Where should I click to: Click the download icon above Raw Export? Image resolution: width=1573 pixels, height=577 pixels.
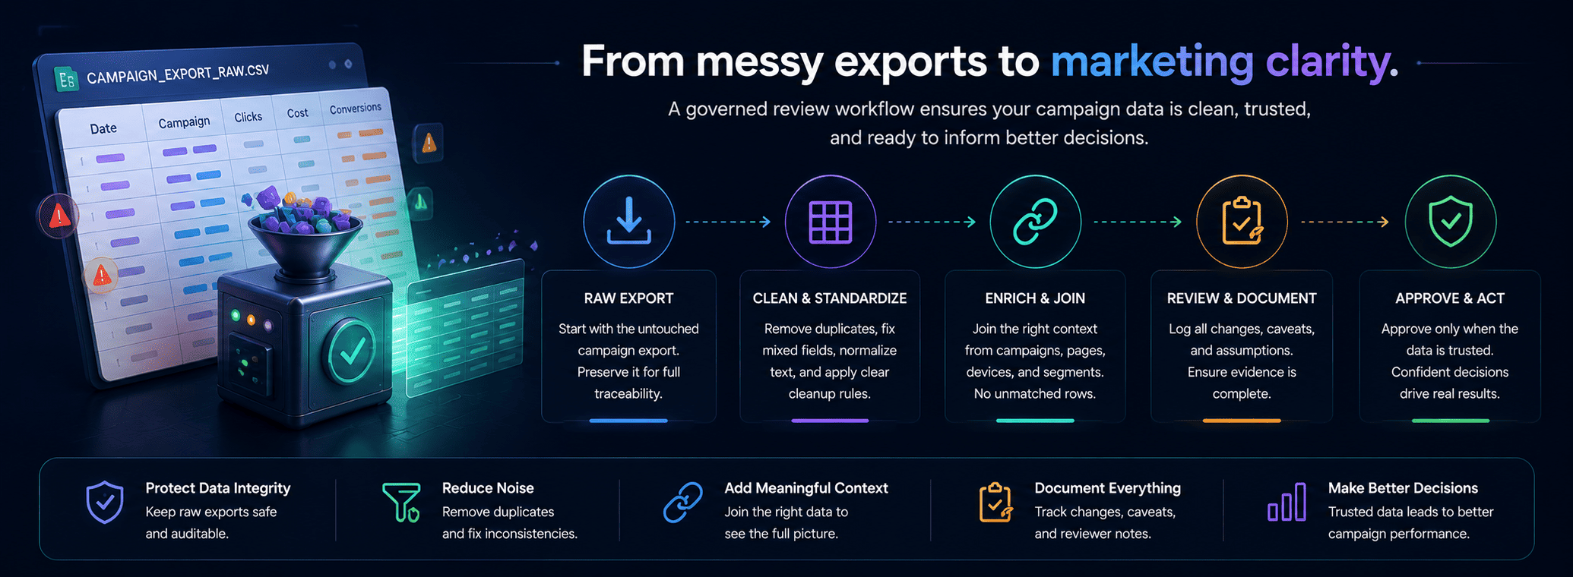pyautogui.click(x=628, y=221)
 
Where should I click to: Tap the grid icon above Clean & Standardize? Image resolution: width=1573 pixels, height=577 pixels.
pyautogui.click(x=830, y=222)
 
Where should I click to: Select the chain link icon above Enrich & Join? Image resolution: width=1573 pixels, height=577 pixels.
pyautogui.click(x=1035, y=222)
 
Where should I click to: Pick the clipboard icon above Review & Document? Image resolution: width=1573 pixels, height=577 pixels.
pyautogui.click(x=1242, y=221)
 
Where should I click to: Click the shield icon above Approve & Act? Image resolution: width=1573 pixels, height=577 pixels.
pyautogui.click(x=1450, y=221)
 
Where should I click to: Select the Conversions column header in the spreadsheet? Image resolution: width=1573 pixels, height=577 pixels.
pyautogui.click(x=356, y=109)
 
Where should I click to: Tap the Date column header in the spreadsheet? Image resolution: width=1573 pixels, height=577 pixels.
pyautogui.click(x=103, y=128)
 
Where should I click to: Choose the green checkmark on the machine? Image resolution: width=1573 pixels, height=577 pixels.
pyautogui.click(x=352, y=352)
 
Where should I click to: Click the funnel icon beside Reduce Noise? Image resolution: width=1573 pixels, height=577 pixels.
pyautogui.click(x=401, y=502)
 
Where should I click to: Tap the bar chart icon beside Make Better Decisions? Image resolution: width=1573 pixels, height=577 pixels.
pyautogui.click(x=1287, y=502)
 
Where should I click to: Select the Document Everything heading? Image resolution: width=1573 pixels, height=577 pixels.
pyautogui.click(x=1107, y=488)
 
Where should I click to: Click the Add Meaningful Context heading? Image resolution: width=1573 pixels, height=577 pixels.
pyautogui.click(x=806, y=488)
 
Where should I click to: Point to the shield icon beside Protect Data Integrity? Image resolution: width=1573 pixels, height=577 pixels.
pyautogui.click(x=105, y=502)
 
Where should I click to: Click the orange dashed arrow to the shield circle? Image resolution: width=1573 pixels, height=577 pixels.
pyautogui.click(x=1345, y=222)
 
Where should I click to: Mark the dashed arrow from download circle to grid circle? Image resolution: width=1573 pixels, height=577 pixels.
pyautogui.click(x=728, y=222)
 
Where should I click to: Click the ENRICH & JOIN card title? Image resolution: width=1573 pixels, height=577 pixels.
pyautogui.click(x=1035, y=298)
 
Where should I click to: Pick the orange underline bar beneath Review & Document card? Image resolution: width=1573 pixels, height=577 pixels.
pyautogui.click(x=1242, y=420)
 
